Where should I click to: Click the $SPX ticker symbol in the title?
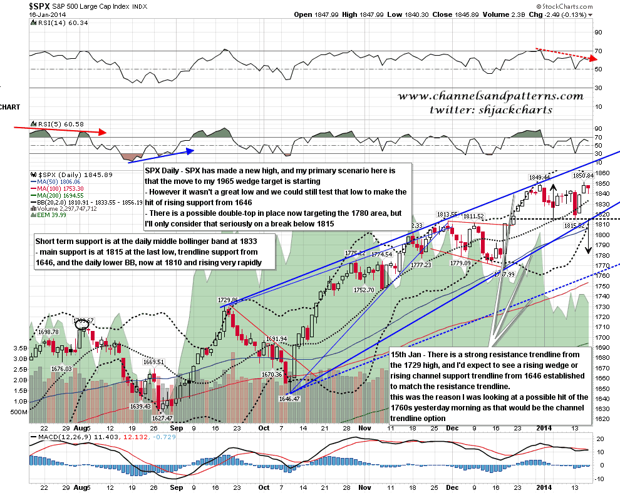point(42,6)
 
